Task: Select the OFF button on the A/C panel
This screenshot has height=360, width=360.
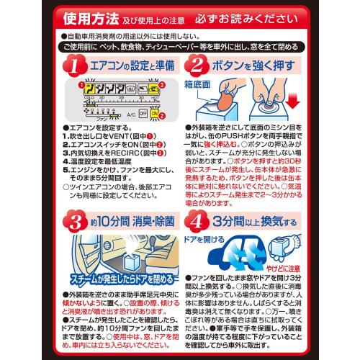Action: click(143, 114)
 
